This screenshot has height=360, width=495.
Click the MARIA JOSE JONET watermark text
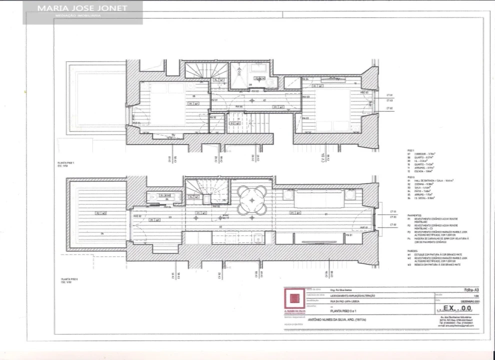(82, 8)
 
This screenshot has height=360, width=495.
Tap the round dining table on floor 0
(252, 199)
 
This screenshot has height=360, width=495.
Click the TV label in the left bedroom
(173, 135)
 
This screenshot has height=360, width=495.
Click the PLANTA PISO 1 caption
(67, 163)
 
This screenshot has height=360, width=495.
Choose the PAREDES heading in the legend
(412, 251)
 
